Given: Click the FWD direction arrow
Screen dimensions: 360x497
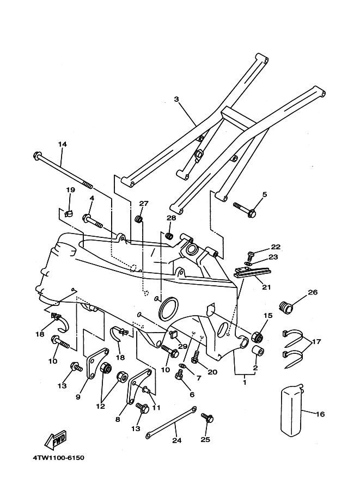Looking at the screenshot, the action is (56, 440).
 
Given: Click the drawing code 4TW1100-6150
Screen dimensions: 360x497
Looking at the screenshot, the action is (59, 458).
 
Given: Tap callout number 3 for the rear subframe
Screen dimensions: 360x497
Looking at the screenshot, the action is (176, 99).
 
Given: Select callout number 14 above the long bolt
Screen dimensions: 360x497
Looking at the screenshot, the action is (63, 144).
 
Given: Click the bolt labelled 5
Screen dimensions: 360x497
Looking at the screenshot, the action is (244, 209).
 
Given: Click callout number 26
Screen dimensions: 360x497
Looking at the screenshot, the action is (313, 292).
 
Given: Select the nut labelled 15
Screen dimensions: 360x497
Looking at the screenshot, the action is (257, 336).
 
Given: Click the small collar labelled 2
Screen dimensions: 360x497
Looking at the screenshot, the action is (257, 352).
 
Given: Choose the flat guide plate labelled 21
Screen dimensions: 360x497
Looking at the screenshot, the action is (252, 272).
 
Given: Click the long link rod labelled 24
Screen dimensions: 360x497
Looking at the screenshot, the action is (171, 422).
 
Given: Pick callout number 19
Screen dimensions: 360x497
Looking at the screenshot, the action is (70, 190).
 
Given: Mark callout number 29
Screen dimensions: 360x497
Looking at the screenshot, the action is (182, 346).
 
